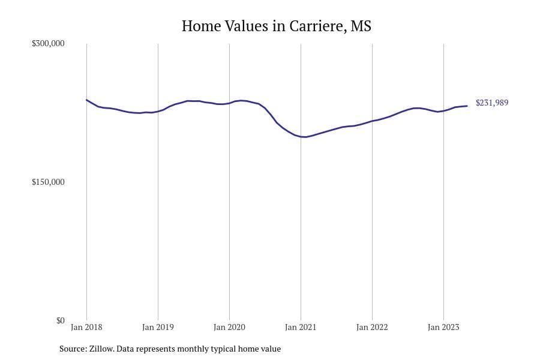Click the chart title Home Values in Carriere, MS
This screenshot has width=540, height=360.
point(276,26)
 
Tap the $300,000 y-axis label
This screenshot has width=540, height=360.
point(48,43)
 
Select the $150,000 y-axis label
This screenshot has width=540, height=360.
point(48,182)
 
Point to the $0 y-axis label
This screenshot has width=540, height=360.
point(60,320)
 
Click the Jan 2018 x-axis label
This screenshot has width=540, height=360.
point(86,327)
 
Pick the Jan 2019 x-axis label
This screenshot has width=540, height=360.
point(158,327)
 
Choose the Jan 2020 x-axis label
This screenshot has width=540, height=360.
point(229,327)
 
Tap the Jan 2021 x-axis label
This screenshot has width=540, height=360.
point(301,327)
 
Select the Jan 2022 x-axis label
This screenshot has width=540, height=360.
point(372,327)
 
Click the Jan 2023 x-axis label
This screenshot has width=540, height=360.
point(443,327)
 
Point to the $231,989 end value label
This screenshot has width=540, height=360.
point(492,103)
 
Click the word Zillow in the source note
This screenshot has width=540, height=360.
point(101,349)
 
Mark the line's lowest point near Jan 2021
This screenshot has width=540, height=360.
point(303,137)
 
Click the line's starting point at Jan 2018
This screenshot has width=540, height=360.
point(86,100)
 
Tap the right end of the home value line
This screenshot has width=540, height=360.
point(467,106)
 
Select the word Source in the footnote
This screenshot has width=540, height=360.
point(73,349)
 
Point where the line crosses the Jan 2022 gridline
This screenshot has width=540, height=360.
point(372,121)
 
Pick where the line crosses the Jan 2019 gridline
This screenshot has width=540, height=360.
point(158,111)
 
